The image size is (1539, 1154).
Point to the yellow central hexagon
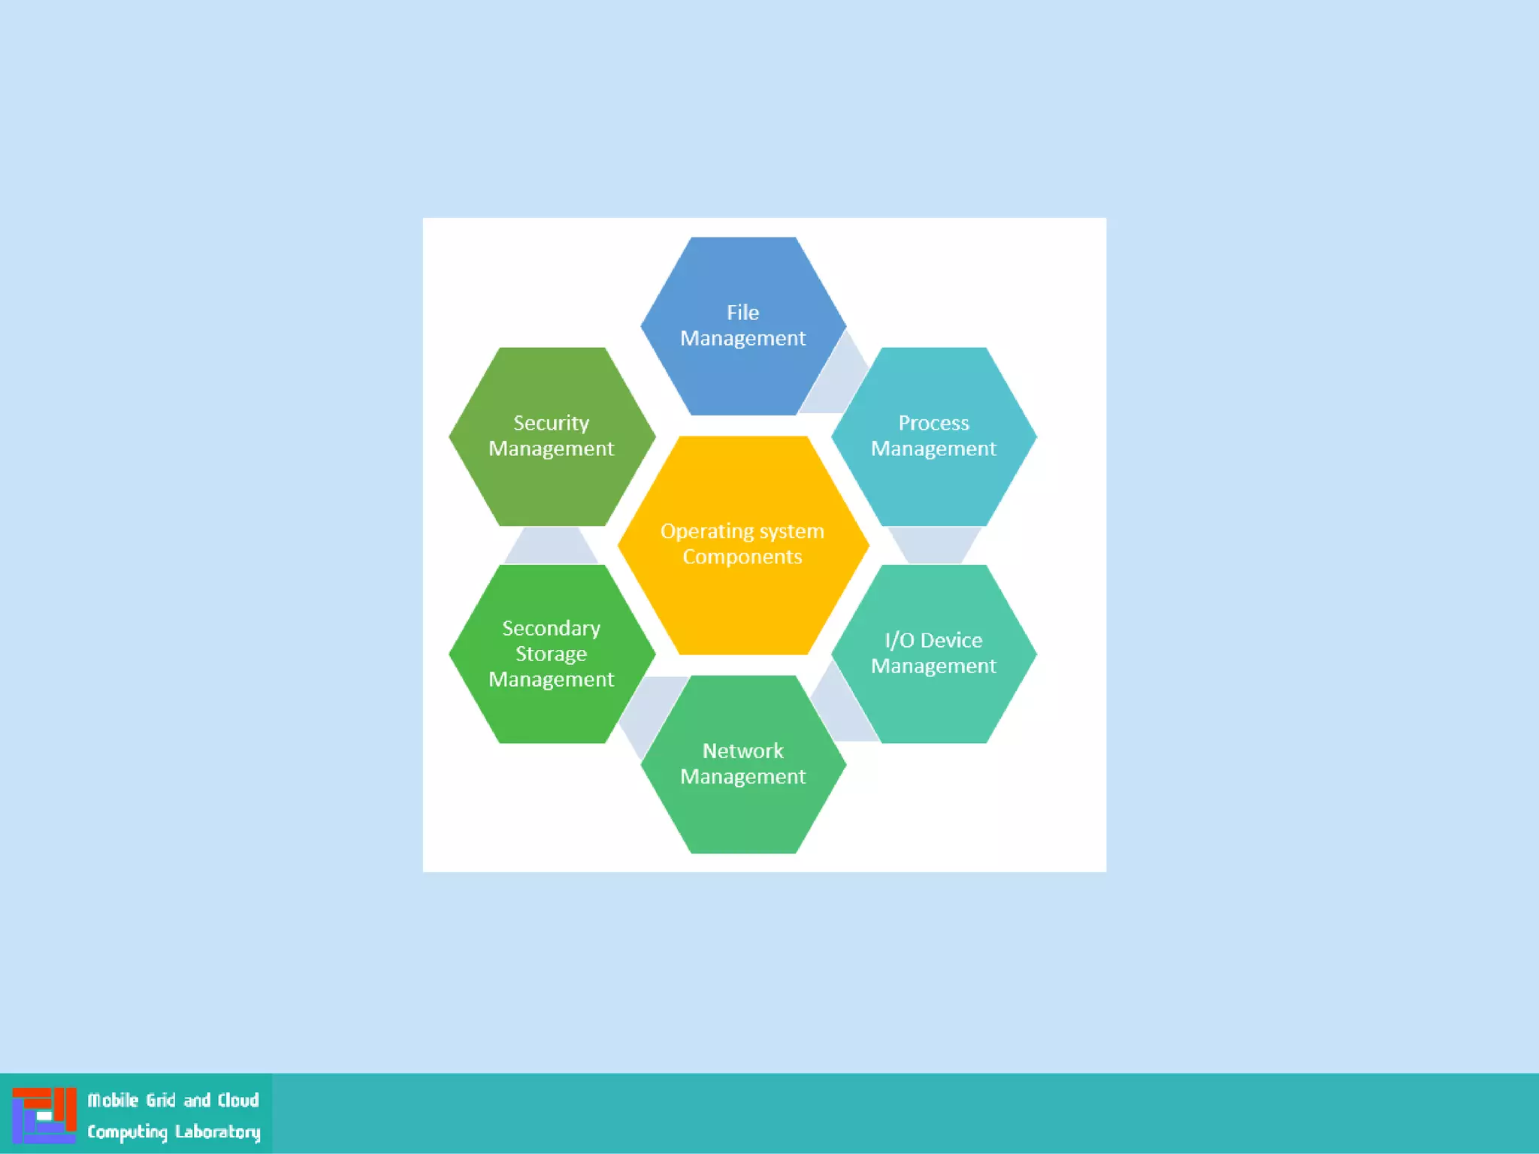(x=742, y=601)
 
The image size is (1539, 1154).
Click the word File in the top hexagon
(x=742, y=313)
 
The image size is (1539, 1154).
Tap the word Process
(x=933, y=423)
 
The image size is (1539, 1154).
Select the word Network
(x=742, y=751)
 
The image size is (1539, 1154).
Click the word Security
(x=551, y=423)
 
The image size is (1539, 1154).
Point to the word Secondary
(x=551, y=628)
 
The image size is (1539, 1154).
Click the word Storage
(x=551, y=654)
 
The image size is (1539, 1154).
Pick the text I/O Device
(x=933, y=640)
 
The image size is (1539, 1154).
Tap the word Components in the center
(x=742, y=557)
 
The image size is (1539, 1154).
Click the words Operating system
(x=742, y=531)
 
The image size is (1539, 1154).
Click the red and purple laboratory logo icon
(x=44, y=1115)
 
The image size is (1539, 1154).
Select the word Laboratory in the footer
(x=217, y=1131)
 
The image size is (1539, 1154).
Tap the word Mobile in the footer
(x=113, y=1100)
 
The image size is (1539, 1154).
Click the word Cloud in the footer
(x=238, y=1100)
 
